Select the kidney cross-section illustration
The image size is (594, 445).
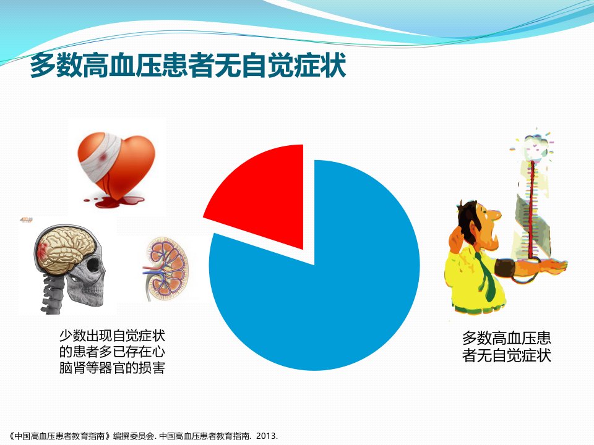point(165,269)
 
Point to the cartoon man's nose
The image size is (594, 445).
point(495,215)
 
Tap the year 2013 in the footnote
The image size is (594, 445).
point(266,436)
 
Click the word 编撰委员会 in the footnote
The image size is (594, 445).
point(134,436)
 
